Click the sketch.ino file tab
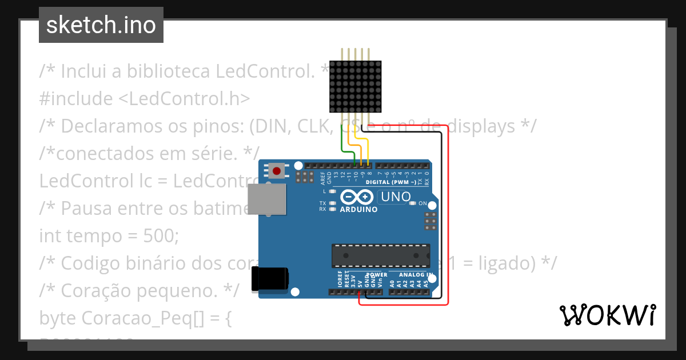click(x=101, y=25)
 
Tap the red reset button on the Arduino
click(x=278, y=170)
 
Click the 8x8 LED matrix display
click(x=355, y=86)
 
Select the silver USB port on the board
click(x=267, y=201)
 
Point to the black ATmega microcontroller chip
click(x=381, y=255)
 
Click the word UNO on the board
click(x=394, y=197)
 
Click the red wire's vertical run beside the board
click(x=448, y=217)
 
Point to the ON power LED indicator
click(x=413, y=203)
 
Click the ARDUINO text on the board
click(x=358, y=210)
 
